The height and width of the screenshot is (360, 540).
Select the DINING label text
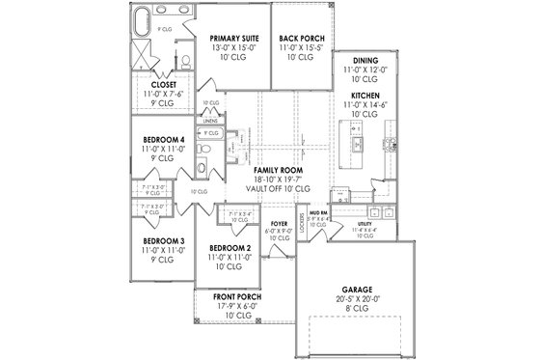[364, 60]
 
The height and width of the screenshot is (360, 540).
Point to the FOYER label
[280, 224]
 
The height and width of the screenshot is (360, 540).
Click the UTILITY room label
[363, 224]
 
